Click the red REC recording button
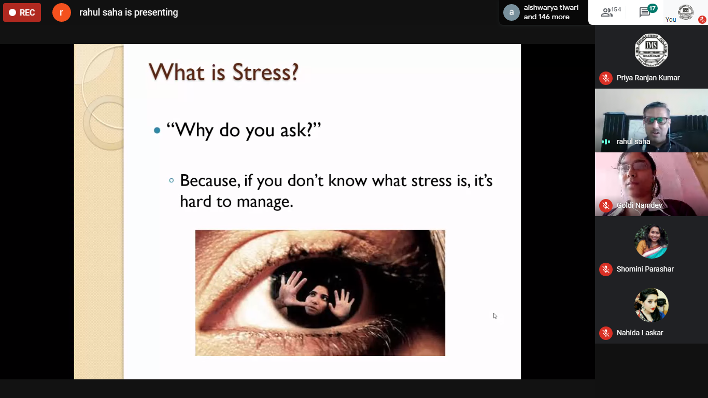22,12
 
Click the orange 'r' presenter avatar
61,12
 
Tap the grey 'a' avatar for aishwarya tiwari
511,12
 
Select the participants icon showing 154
611,12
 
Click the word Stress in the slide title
265,72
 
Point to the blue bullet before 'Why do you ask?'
157,130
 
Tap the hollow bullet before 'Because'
172,180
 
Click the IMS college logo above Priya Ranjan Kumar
651,50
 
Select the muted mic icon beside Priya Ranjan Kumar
605,78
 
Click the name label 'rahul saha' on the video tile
633,141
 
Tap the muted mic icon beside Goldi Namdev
605,206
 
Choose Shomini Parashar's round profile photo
651,241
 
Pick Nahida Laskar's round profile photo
651,305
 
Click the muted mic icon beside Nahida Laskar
605,333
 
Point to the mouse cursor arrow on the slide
494,316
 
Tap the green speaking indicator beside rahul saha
605,141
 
